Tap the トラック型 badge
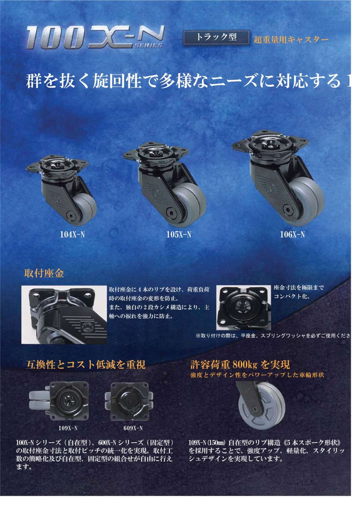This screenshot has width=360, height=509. point(216,37)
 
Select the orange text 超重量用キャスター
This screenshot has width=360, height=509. point(291,40)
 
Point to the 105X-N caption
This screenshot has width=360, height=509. point(178,235)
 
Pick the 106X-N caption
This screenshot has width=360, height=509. point(292,235)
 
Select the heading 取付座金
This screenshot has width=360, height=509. point(44,274)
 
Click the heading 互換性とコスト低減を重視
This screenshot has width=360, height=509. point(85,365)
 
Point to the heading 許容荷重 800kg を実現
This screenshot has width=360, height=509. point(240,365)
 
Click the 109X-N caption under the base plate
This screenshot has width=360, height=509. point(68,428)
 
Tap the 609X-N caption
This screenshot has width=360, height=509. point(133,428)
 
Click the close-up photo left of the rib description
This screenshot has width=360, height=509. point(64,315)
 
